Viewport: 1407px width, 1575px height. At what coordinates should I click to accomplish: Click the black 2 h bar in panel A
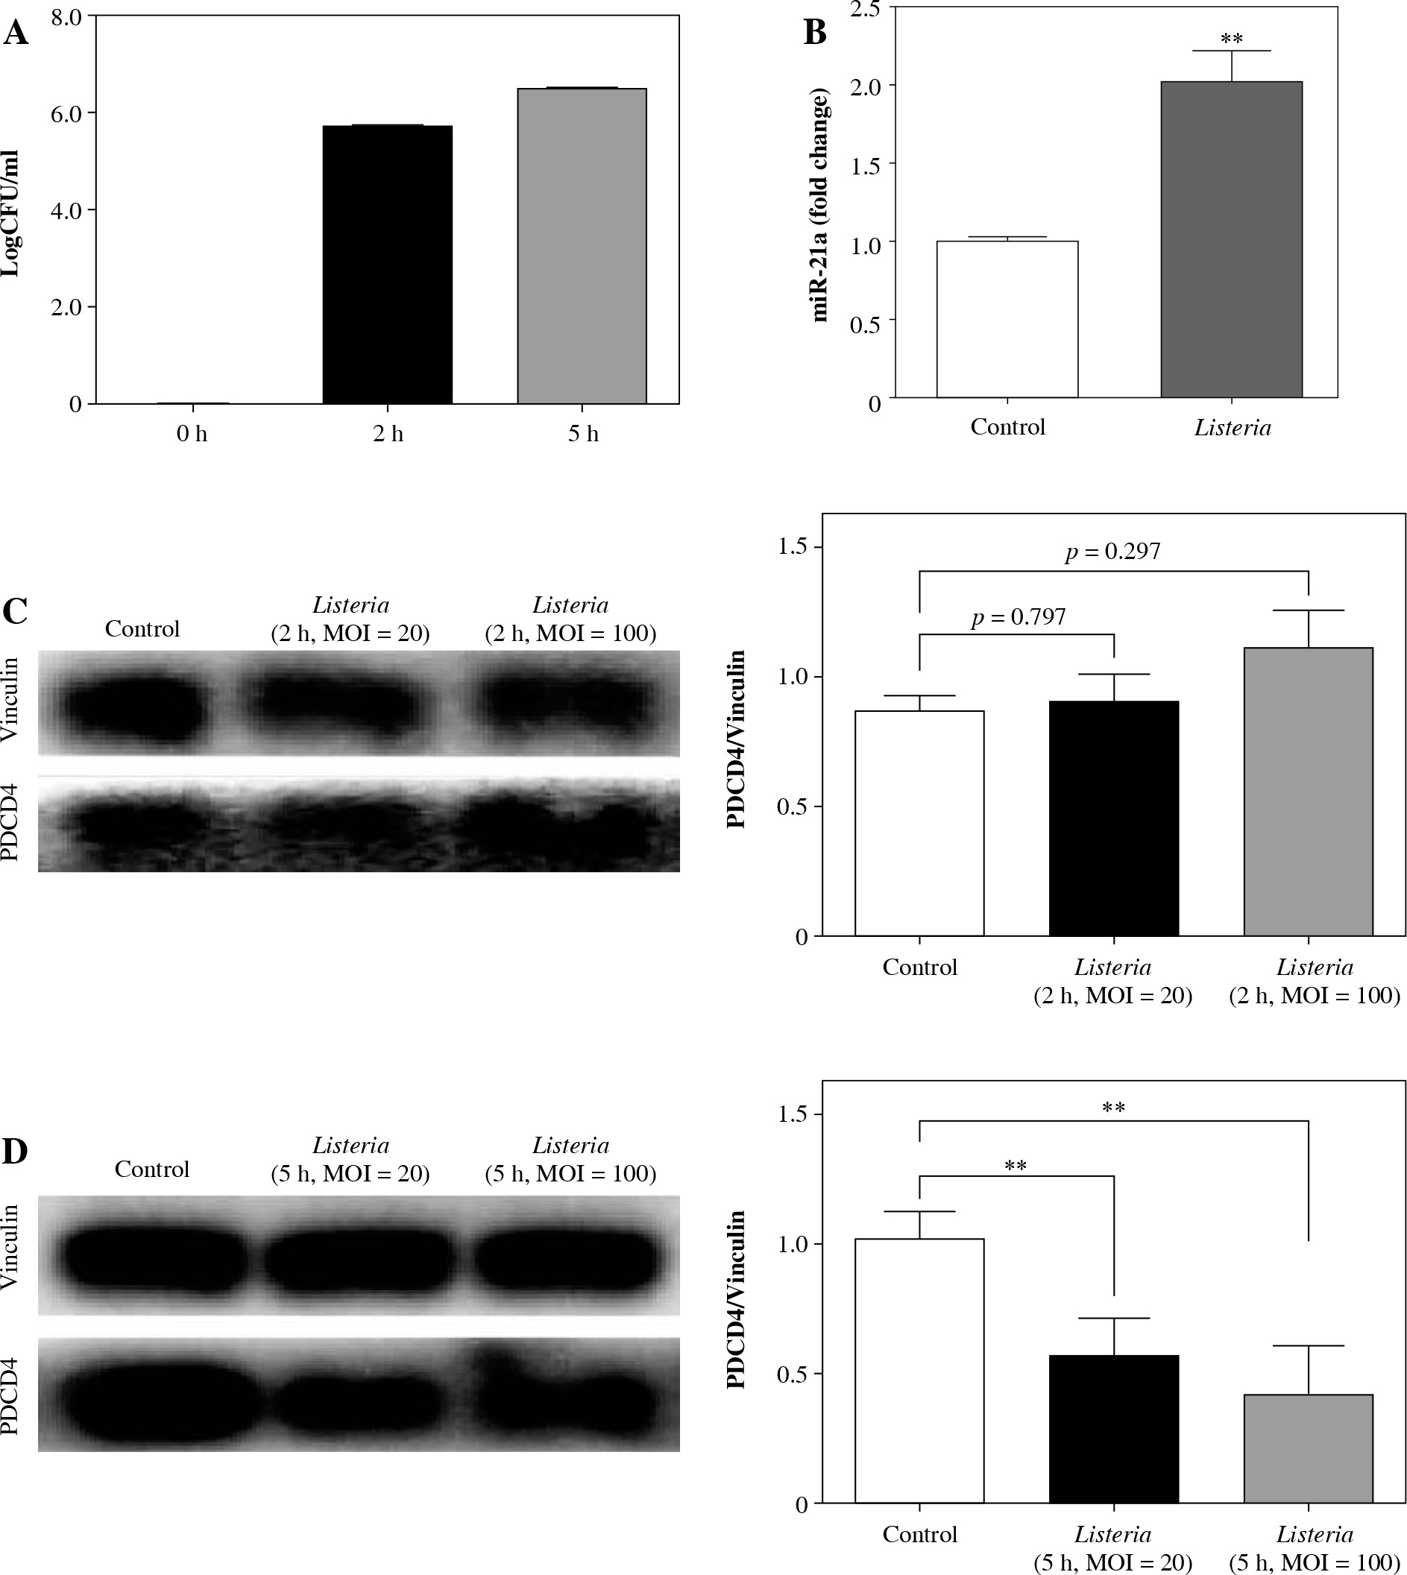[387, 265]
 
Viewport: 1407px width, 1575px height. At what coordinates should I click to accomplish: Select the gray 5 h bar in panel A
[582, 246]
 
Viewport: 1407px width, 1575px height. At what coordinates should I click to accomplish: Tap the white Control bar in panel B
[1007, 319]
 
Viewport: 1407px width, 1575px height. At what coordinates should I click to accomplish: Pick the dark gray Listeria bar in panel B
[1231, 239]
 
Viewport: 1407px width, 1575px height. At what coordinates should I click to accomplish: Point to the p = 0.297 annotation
[1112, 551]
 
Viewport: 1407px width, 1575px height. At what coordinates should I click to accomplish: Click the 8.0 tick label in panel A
[66, 16]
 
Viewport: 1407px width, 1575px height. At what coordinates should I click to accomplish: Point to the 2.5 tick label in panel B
[866, 8]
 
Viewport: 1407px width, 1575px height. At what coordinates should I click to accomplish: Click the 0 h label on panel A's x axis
[192, 435]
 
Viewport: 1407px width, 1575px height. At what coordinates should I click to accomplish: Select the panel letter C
[15, 611]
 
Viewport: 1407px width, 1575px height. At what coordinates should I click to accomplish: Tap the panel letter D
[15, 1152]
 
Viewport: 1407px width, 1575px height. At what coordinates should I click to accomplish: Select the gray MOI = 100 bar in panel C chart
[1308, 792]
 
